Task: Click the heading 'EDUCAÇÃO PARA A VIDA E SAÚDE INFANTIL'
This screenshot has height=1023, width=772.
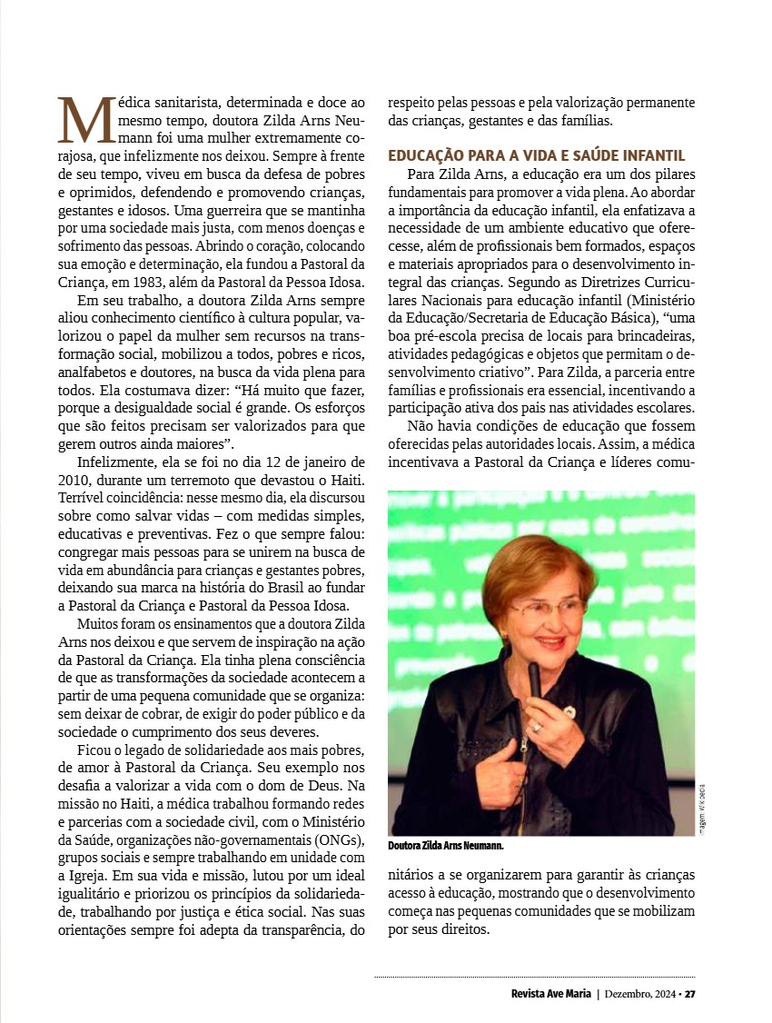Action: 536,155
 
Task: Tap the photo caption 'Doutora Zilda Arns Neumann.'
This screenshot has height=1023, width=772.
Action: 445,846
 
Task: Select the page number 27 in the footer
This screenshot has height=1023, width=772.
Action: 690,993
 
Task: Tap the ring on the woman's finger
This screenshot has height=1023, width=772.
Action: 537,727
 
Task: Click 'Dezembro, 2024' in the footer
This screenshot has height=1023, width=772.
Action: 639,993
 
